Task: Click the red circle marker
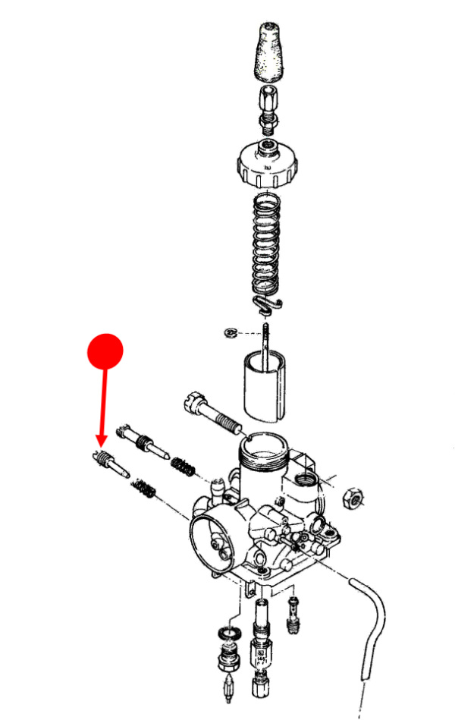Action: [x=105, y=351]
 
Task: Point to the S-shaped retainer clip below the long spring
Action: [x=266, y=303]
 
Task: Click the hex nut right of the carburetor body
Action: [x=353, y=498]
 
